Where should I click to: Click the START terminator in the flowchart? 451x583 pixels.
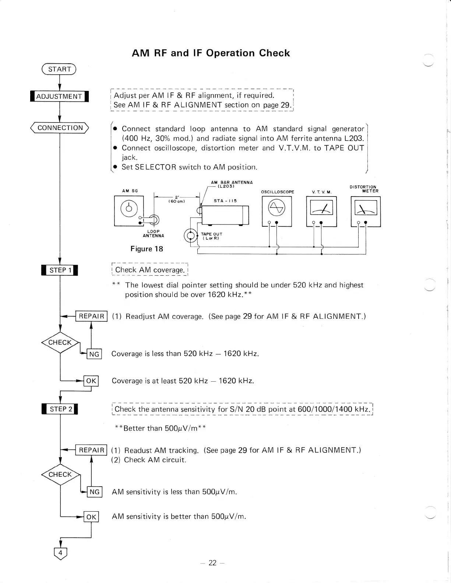pos(59,69)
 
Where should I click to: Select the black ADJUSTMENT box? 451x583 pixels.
pos(59,96)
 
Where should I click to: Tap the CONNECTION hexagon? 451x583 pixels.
pos(60,128)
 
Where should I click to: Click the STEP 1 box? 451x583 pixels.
pos(60,270)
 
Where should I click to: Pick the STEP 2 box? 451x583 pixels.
pos(60,409)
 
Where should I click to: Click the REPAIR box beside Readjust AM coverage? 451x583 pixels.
pos(91,316)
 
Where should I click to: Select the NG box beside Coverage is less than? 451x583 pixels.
pos(94,354)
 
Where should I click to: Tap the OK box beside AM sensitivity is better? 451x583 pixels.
pos(91,517)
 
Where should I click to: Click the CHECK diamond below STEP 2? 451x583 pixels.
pos(60,475)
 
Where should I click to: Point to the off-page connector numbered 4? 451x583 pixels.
pos(60,553)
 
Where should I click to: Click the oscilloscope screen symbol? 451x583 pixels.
pos(276,208)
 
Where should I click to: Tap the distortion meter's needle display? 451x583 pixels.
pos(365,209)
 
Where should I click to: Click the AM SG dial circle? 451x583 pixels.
pos(128,209)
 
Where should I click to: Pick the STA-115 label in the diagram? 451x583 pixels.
pos(225,201)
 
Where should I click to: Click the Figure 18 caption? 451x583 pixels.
pos(147,249)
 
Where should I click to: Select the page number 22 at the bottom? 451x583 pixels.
pos(212,563)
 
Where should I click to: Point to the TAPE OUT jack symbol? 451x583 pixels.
pos(190,236)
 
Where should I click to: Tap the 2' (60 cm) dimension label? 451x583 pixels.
pos(176,199)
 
